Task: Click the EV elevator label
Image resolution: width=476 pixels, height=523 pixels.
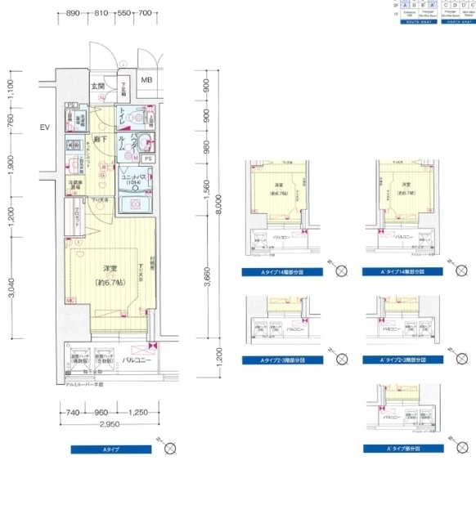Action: [x=44, y=127]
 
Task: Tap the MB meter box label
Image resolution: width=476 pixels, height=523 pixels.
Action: [x=146, y=79]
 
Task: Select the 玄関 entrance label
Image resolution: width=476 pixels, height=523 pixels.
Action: [x=98, y=86]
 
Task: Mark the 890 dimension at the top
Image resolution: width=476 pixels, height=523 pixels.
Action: [x=73, y=14]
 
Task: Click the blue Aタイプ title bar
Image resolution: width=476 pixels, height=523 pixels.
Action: [x=111, y=449]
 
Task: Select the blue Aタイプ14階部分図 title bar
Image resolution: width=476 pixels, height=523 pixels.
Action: [x=281, y=271]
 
